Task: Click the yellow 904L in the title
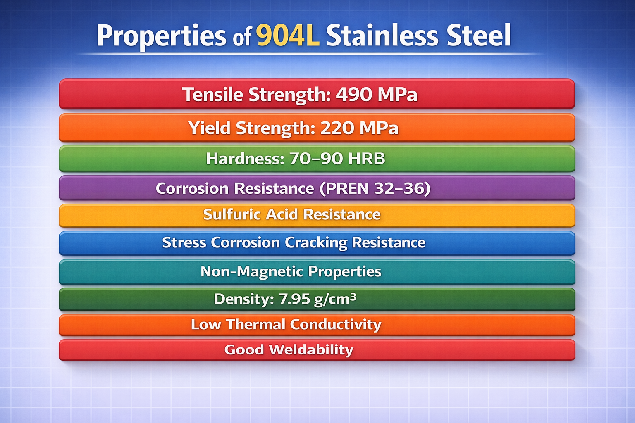point(288,36)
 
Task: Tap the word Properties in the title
point(161,36)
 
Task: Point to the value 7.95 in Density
point(294,299)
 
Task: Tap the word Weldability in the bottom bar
point(311,350)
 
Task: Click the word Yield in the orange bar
point(209,128)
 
